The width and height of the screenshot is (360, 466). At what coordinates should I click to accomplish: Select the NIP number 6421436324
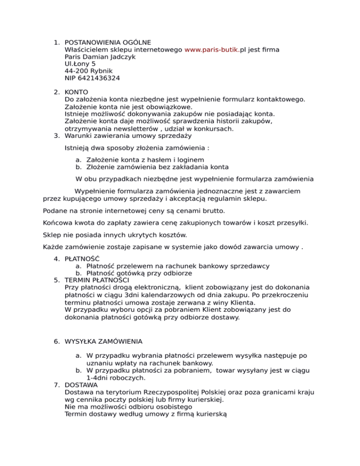point(100,78)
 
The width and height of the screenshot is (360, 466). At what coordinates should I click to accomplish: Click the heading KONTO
point(76,91)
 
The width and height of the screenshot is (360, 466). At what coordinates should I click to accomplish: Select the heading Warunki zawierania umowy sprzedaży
point(128,136)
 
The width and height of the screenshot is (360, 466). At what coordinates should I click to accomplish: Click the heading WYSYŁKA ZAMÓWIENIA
point(104,341)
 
